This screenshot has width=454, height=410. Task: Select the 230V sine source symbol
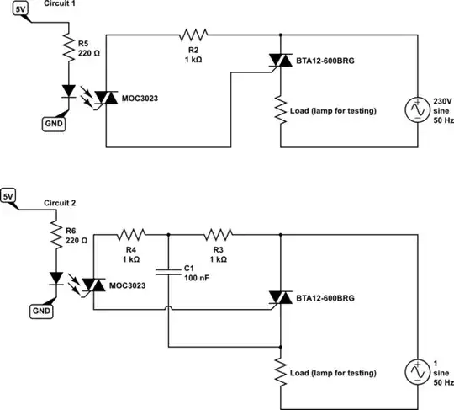pos(418,110)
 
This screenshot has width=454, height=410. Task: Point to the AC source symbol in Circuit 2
pos(418,371)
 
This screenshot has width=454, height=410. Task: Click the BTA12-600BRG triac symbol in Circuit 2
pos(279,297)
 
